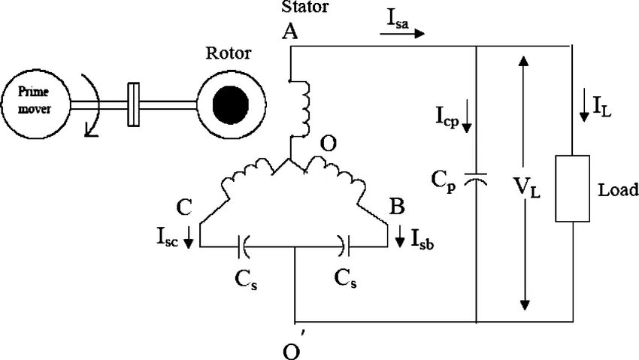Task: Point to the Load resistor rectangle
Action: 571,189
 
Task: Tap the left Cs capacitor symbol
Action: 244,245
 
